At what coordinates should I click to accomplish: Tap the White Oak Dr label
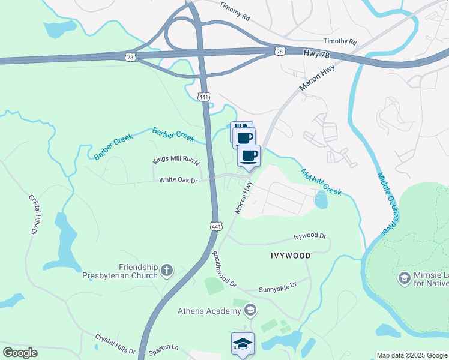pyautogui.click(x=178, y=180)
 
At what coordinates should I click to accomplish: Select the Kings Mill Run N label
pyautogui.click(x=176, y=160)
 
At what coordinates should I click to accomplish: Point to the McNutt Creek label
pyautogui.click(x=321, y=181)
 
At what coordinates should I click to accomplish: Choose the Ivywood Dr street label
pyautogui.click(x=309, y=236)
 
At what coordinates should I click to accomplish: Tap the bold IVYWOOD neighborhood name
pyautogui.click(x=290, y=256)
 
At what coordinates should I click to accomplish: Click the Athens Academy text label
pyautogui.click(x=208, y=311)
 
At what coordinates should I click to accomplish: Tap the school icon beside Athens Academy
pyautogui.click(x=250, y=310)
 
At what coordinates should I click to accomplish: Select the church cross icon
pyautogui.click(x=167, y=272)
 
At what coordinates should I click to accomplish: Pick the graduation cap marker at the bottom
pyautogui.click(x=243, y=344)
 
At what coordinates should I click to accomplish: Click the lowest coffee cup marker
pyautogui.click(x=249, y=156)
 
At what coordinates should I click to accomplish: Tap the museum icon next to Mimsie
pyautogui.click(x=404, y=278)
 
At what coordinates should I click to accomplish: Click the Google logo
pyautogui.click(x=20, y=353)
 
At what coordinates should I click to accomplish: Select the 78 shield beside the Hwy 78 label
pyautogui.click(x=279, y=52)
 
